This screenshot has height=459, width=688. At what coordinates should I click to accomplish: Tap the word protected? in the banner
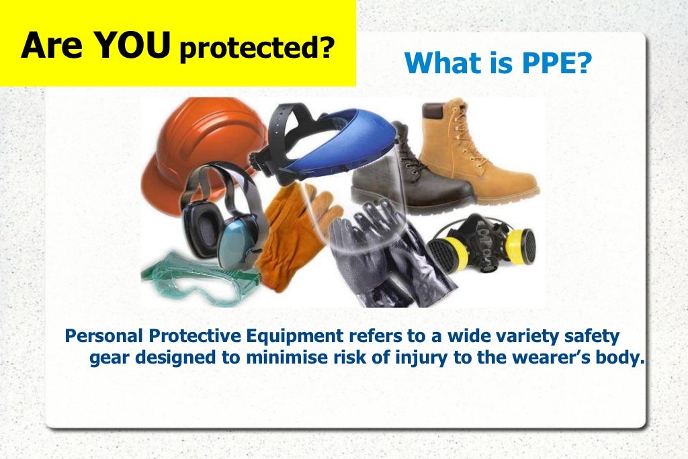[256, 50]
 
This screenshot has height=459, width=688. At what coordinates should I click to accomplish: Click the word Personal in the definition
[107, 335]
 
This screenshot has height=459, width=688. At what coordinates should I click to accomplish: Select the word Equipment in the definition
[292, 335]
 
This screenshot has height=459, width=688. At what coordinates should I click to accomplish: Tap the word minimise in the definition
[282, 358]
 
